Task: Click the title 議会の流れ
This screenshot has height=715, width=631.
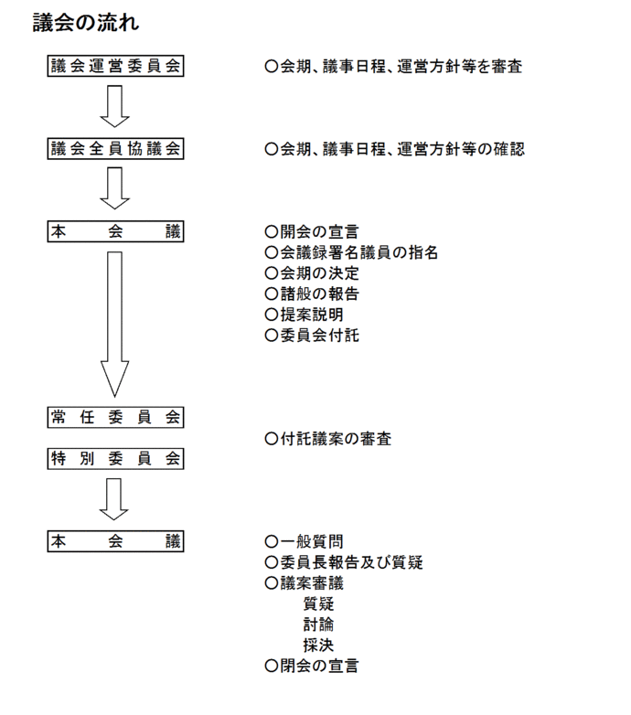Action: [x=86, y=22]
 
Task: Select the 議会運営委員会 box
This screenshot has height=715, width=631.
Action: [x=116, y=67]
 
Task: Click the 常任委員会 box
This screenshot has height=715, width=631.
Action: [x=116, y=417]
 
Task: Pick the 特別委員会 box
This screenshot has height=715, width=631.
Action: [x=116, y=459]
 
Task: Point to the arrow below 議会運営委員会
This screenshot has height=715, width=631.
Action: [x=115, y=106]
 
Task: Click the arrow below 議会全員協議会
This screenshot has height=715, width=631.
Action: [x=115, y=188]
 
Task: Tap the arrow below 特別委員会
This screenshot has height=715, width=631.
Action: [x=115, y=498]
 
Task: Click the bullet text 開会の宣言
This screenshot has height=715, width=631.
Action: [x=311, y=231]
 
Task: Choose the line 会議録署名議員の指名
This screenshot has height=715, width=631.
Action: [x=351, y=252]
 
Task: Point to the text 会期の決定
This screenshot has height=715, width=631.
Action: [x=311, y=273]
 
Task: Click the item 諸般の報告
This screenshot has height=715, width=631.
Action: [x=311, y=294]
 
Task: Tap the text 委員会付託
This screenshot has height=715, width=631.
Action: [x=311, y=336]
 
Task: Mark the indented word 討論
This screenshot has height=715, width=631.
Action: [x=318, y=624]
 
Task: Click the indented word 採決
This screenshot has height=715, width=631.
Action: [x=318, y=646]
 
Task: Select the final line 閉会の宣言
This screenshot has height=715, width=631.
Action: [x=311, y=667]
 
